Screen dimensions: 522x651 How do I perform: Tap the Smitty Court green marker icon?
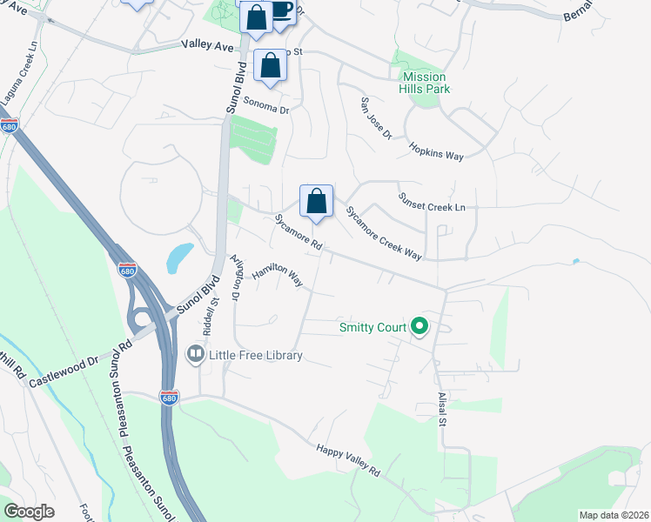(419, 327)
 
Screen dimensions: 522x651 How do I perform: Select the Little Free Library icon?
(195, 355)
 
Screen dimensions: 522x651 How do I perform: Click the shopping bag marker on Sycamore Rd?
(317, 201)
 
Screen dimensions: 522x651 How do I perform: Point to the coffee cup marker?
(281, 11)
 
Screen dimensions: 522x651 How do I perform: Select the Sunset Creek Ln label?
(432, 202)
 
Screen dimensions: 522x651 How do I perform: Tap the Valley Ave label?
(209, 44)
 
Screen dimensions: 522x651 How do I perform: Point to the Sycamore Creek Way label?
(384, 233)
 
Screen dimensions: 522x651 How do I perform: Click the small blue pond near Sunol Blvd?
(178, 255)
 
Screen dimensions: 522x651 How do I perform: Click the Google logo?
(29, 512)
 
